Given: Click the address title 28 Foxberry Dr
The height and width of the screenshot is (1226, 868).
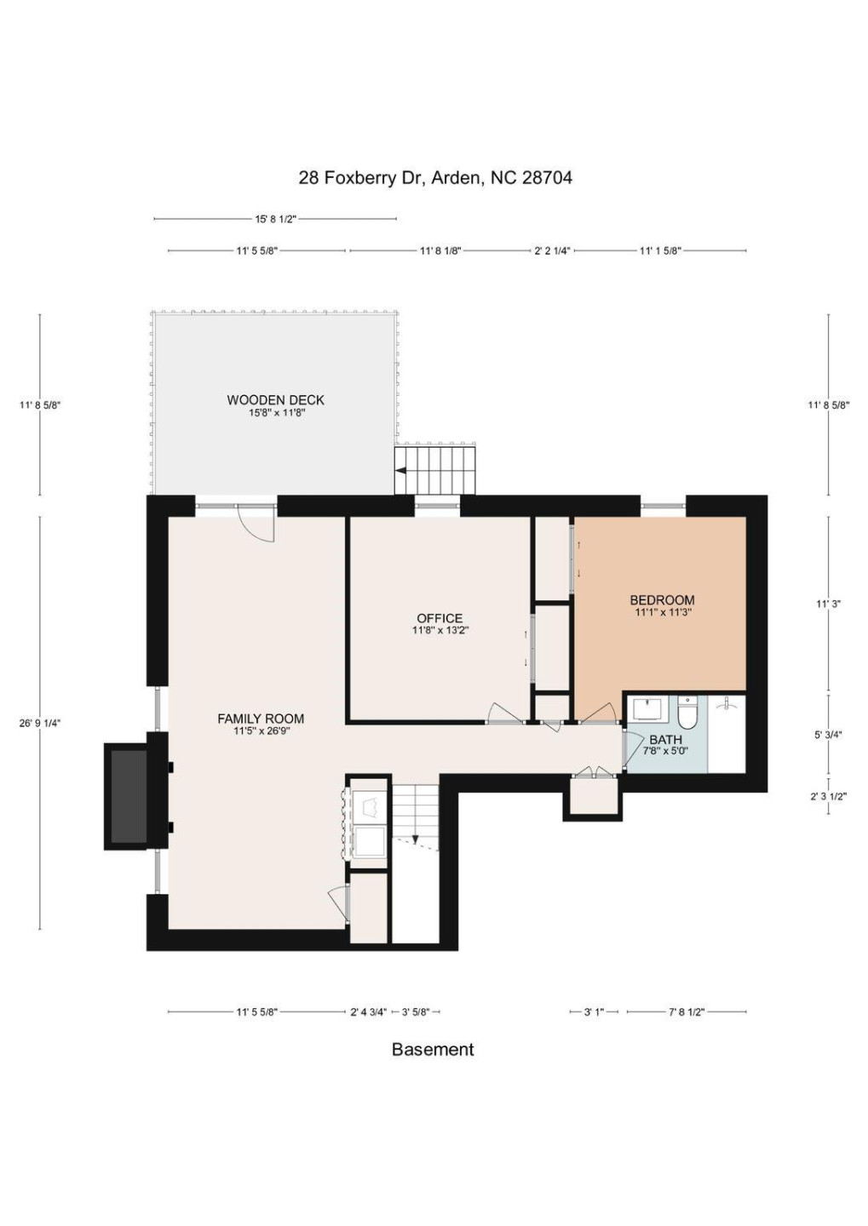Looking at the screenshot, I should pyautogui.click(x=434, y=178).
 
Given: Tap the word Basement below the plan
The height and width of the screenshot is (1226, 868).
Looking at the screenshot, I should pyautogui.click(x=433, y=1050).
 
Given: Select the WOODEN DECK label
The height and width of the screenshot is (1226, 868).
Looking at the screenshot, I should pyautogui.click(x=276, y=405).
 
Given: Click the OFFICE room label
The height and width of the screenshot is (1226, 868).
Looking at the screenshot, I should pyautogui.click(x=440, y=624).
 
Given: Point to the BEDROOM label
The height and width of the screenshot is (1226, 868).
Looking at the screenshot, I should pyautogui.click(x=662, y=605).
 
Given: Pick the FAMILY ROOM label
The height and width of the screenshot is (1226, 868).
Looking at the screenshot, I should pyautogui.click(x=261, y=724).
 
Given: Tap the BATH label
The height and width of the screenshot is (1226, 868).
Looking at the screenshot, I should pyautogui.click(x=665, y=744).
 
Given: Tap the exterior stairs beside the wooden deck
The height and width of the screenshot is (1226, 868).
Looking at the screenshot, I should pyautogui.click(x=434, y=470).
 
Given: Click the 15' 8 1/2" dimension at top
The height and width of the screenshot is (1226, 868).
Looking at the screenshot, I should pyautogui.click(x=275, y=219).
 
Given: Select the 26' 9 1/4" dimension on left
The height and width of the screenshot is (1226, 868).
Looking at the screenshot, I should pyautogui.click(x=40, y=723).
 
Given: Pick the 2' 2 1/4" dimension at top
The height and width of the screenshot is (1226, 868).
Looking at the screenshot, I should pyautogui.click(x=552, y=251).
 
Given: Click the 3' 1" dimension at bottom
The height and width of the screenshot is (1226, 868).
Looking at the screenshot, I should pyautogui.click(x=594, y=1012).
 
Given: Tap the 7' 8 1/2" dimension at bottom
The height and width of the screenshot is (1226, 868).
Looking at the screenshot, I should pyautogui.click(x=686, y=1012).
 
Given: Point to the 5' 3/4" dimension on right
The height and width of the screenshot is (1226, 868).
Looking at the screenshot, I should pyautogui.click(x=828, y=735).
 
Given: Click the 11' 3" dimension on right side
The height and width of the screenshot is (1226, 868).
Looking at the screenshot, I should pyautogui.click(x=828, y=604).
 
